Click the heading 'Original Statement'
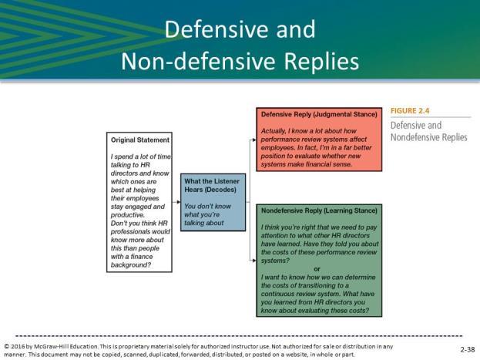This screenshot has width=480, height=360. (140, 140)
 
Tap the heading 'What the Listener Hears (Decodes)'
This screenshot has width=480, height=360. (212, 185)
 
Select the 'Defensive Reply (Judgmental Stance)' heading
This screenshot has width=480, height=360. (319, 115)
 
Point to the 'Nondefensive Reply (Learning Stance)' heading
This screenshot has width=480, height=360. (319, 210)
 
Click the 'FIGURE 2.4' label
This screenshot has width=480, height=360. (410, 111)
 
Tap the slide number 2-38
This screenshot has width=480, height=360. (468, 349)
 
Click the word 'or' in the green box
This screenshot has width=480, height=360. (317, 269)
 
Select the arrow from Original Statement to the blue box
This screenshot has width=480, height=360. (176, 202)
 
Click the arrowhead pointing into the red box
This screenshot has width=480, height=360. (254, 140)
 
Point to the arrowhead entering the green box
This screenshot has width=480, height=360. (254, 261)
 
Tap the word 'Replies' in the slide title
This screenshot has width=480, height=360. (321, 62)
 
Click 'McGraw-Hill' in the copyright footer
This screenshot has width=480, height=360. (50, 347)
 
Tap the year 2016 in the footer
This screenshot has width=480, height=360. (18, 347)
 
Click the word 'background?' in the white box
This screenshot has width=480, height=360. (131, 265)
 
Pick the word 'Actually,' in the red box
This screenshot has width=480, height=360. (273, 131)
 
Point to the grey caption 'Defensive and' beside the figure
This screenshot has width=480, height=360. (416, 126)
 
